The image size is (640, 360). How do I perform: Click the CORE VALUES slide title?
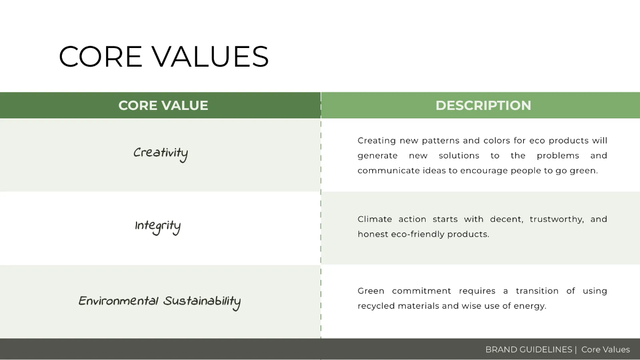164,57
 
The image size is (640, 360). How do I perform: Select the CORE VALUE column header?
163,106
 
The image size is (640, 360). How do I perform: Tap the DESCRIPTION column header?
483,106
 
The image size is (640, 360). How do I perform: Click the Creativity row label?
161,154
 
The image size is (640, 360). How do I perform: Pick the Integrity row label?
158,227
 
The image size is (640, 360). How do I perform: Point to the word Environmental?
118,301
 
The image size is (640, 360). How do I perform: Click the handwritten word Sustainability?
202,302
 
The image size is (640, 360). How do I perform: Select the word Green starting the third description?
371,291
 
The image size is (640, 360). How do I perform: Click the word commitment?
421,291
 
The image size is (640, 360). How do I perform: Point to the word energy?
530,307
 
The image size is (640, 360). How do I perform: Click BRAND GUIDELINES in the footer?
529,350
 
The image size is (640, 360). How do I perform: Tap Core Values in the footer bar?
605,350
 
